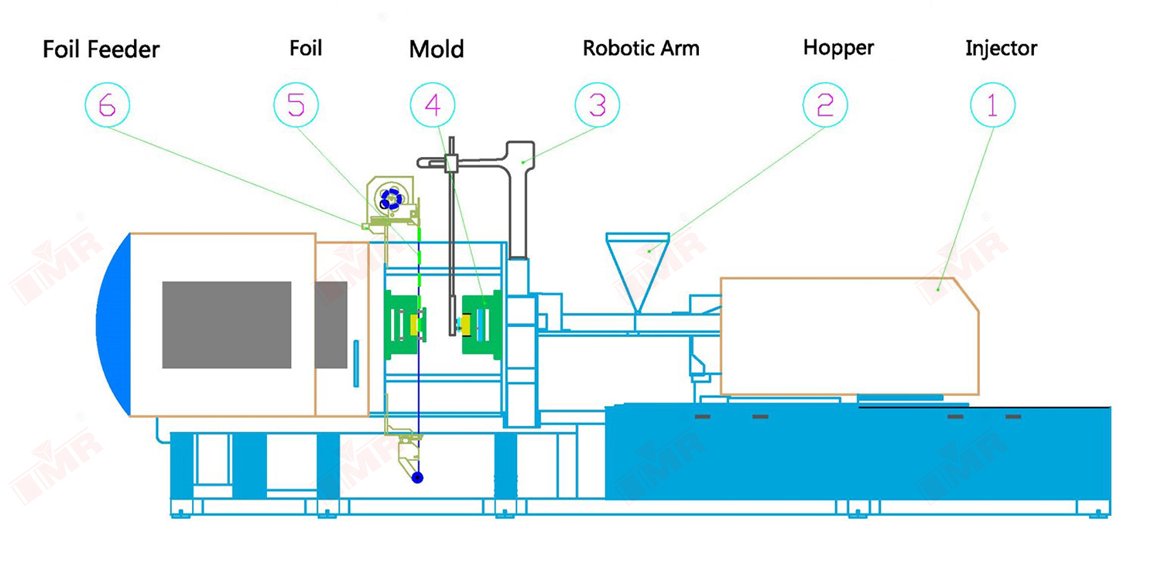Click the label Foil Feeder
(101, 49)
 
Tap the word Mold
(437, 49)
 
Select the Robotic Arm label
(641, 49)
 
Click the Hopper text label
(838, 48)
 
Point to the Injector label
(1001, 49)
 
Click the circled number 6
(107, 105)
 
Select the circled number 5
(296, 105)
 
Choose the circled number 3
(598, 105)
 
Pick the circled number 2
(825, 105)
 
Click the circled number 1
(992, 105)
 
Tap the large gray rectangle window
(227, 325)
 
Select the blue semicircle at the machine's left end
(114, 325)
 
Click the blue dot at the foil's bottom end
(418, 478)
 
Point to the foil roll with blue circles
(392, 199)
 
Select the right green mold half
(481, 325)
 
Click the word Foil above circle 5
(305, 48)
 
